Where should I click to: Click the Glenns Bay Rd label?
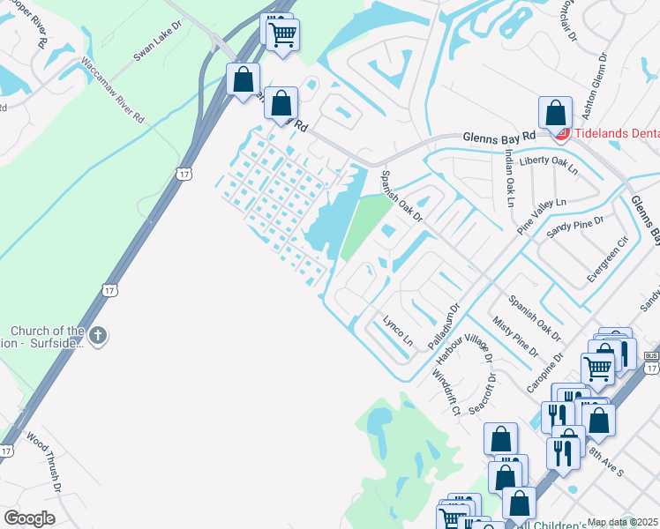(x=499, y=138)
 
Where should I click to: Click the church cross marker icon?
(x=98, y=335)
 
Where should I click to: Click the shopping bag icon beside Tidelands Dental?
(x=555, y=113)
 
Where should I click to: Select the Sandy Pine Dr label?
(x=575, y=228)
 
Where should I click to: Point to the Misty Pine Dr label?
(x=514, y=338)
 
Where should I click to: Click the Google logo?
(x=29, y=518)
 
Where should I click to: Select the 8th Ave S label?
(x=606, y=456)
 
